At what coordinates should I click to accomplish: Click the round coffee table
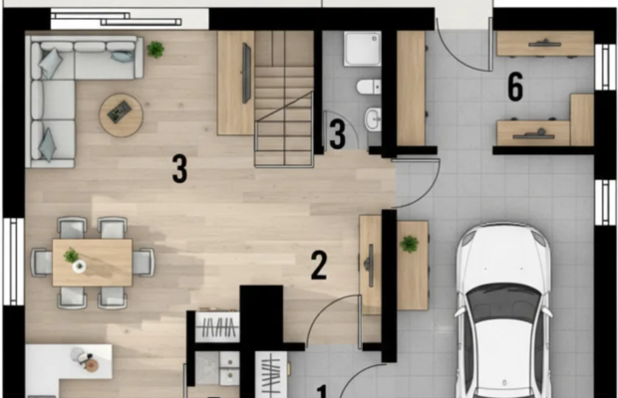coord(121,115)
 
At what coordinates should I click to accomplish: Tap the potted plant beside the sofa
coord(155,50)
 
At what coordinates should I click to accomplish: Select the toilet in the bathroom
coord(369,87)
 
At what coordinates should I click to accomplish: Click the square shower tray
coord(362,49)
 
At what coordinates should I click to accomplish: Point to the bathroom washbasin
coord(373,118)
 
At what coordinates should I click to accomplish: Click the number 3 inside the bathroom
coord(337,134)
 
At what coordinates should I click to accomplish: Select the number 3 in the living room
coord(179,169)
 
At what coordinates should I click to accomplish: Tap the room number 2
coord(319,266)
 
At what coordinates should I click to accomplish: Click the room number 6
coord(515,87)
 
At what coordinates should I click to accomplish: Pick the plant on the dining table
coord(71,256)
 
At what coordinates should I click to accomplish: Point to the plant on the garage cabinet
coord(410,244)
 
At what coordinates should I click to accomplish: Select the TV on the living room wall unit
coord(247,74)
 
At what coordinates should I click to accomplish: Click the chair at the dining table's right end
coord(144,262)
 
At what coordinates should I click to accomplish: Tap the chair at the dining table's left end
coord(42,262)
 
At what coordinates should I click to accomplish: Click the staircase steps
coord(284,99)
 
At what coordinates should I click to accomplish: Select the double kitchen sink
coord(217,368)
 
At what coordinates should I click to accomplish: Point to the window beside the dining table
coord(14,262)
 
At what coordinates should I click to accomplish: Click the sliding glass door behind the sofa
coord(130,19)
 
